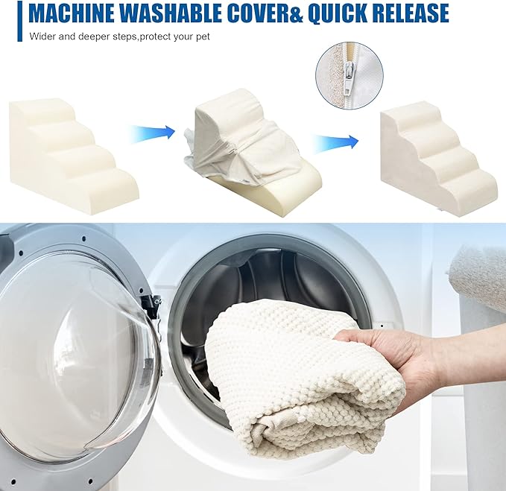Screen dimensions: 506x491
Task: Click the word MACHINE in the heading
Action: point(70,13)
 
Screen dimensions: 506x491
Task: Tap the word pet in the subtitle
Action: point(203,37)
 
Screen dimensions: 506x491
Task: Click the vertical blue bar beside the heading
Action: point(20,21)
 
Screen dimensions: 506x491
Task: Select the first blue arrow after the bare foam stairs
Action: point(152,133)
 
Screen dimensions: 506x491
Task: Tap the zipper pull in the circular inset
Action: point(347,84)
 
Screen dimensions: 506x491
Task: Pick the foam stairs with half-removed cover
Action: point(253,145)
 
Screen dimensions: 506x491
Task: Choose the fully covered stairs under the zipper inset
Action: point(438,162)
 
